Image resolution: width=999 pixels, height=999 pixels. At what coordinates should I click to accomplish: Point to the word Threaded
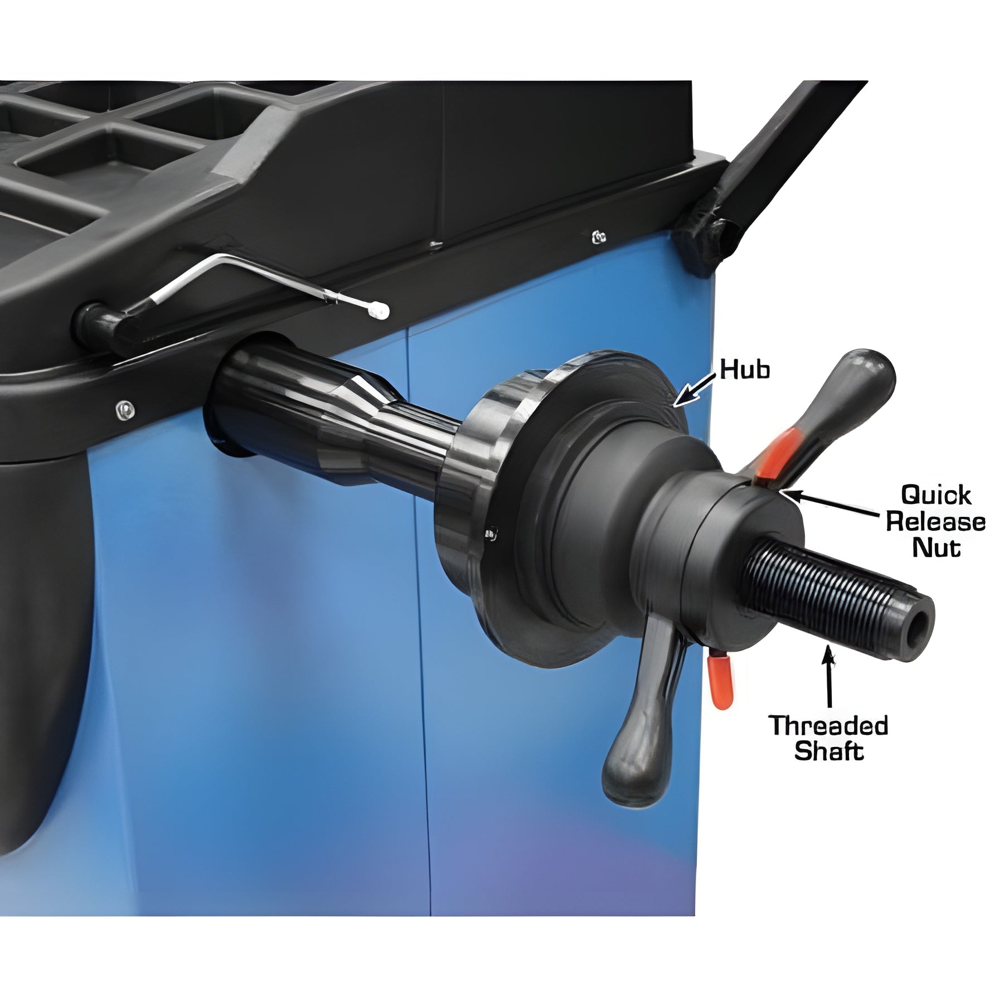829,726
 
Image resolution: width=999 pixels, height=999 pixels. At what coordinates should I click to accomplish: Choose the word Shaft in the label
829,751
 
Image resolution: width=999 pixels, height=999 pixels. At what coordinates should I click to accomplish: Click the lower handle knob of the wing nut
630,772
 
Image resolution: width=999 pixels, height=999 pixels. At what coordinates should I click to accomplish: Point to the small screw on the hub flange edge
491,534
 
